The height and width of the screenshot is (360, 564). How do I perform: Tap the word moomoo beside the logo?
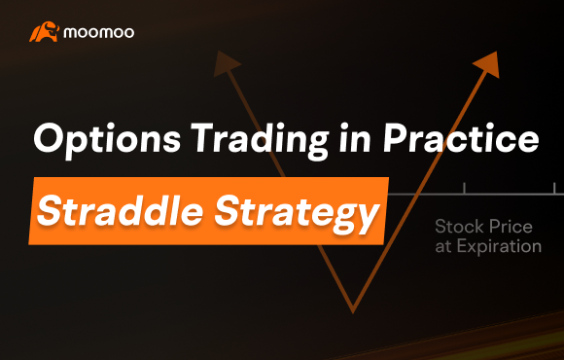99,32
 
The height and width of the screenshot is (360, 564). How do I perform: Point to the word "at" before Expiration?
444,246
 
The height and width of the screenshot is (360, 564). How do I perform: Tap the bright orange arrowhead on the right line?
487,63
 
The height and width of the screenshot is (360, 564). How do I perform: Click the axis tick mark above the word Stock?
464,187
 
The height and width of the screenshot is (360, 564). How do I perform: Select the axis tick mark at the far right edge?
554,187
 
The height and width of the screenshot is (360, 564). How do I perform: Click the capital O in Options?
49,140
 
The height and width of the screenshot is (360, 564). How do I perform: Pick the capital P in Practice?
408,139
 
